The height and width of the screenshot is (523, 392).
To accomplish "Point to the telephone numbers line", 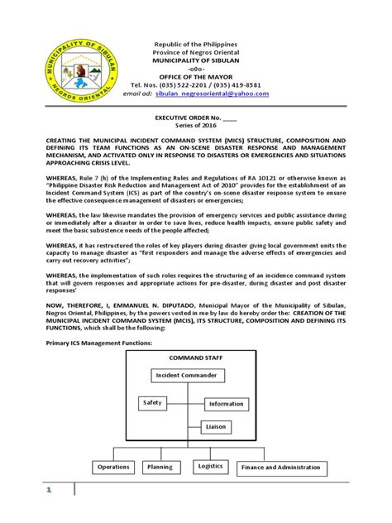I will tap(195, 85).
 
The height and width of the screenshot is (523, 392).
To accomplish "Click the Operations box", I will tap(114, 468).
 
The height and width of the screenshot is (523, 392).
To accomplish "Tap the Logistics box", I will tap(211, 467).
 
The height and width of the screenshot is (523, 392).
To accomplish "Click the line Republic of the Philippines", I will tap(196, 42).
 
